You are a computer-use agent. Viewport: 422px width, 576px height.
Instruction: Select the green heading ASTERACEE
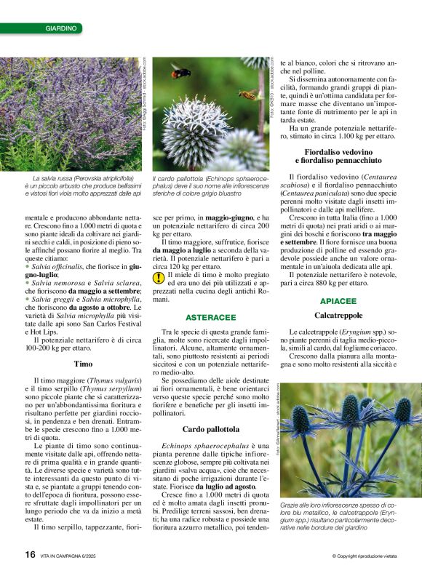click(x=210, y=318)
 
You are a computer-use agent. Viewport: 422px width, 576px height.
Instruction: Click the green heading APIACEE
click(x=338, y=300)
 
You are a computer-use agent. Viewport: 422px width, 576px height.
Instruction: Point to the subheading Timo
click(x=82, y=363)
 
